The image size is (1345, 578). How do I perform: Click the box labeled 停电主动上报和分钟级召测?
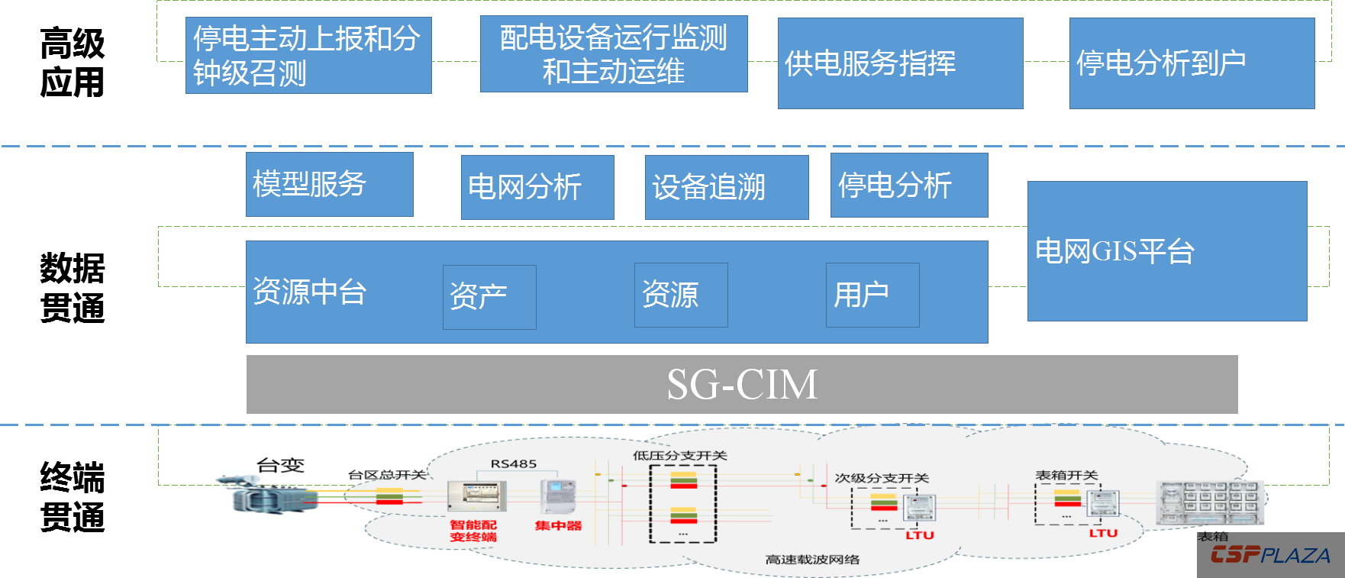[x=308, y=55]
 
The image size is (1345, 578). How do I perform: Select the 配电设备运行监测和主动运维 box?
[x=614, y=53]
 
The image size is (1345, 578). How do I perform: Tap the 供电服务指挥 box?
[x=900, y=63]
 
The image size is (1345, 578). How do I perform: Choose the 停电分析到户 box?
[x=1192, y=63]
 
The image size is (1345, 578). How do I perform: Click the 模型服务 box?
[x=329, y=184]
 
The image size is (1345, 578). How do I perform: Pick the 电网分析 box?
[x=537, y=187]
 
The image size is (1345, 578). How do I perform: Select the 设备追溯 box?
[x=726, y=187]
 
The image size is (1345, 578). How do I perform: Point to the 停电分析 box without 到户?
[x=909, y=185]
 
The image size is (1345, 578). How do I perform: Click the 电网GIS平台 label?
[x=1114, y=251]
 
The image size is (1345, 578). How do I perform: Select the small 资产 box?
[x=489, y=297]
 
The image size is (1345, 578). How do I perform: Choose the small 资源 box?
[x=681, y=295]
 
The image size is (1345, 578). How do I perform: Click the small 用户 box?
[x=872, y=295]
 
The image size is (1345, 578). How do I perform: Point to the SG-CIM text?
[x=742, y=384]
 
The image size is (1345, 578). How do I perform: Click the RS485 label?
[x=513, y=464]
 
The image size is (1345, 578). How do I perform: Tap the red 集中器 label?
[x=558, y=526]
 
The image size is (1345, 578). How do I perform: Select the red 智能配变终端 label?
[x=473, y=531]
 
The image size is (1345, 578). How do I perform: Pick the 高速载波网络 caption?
[x=812, y=560]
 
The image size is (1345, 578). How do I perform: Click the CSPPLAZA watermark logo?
[x=1270, y=556]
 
